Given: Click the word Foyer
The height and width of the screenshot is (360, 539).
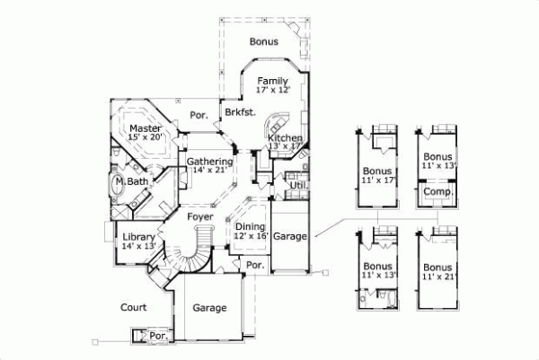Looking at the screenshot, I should point(199,216).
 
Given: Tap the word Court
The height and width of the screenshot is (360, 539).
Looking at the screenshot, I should point(134,307).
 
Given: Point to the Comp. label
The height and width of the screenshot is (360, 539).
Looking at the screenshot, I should point(437,191).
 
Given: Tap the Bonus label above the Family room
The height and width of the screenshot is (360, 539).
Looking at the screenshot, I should point(264,41).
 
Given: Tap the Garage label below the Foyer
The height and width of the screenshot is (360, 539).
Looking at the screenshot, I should point(209,308).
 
